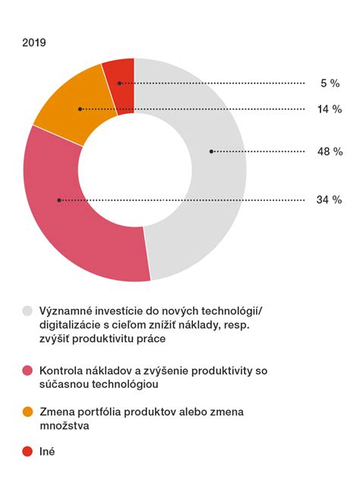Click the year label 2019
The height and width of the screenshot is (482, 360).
point(34,43)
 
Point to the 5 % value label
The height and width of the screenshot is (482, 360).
point(330,83)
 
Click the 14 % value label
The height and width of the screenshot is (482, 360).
point(330,109)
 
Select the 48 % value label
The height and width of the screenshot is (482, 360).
point(330,152)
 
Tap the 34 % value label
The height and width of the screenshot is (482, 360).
point(330,200)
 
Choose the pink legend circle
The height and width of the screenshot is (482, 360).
point(28,371)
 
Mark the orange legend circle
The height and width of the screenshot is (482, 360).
point(28,412)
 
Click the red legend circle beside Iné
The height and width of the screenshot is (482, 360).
point(28,452)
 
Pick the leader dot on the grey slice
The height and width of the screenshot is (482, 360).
point(211,152)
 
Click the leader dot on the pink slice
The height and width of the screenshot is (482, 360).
point(58,200)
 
